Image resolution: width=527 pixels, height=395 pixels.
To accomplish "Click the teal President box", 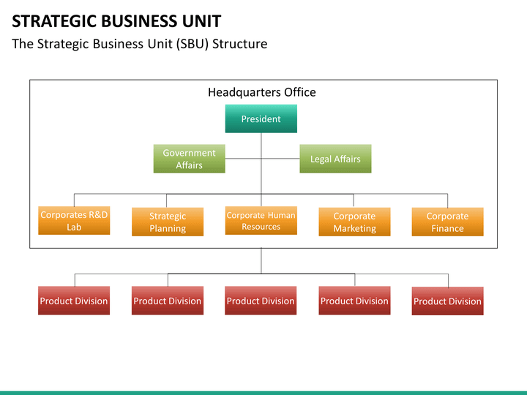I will [261, 119].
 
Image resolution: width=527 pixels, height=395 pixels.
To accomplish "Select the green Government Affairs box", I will [189, 159].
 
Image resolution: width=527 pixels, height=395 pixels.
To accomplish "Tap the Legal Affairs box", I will [335, 159].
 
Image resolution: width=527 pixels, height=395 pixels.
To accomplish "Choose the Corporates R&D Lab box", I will [74, 221].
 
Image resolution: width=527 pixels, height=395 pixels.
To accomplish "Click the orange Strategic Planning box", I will [168, 222].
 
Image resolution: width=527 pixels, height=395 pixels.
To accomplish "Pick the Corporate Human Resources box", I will [261, 221].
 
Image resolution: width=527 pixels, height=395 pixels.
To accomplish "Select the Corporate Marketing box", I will [354, 222].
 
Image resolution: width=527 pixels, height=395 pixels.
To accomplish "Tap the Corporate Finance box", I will [447, 222].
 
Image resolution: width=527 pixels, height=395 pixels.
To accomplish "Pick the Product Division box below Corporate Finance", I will [447, 301].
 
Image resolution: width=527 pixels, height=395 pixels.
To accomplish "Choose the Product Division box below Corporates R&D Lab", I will [74, 301].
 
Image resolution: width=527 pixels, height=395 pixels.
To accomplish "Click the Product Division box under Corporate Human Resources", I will [261, 301].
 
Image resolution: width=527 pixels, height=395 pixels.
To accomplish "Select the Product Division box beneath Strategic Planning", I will [168, 301].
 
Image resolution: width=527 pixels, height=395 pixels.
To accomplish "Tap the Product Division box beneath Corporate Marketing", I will [354, 301].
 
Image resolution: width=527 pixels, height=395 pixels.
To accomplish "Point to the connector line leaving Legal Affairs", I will [280, 159].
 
